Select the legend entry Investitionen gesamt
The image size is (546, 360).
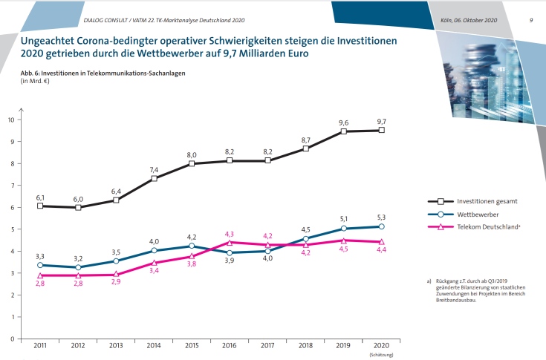476,201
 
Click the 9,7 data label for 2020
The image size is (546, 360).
381,121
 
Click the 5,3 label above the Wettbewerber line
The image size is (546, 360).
381,217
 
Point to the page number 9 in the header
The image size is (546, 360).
531,19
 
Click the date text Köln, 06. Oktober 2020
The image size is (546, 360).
468,19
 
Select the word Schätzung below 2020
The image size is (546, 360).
380,356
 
